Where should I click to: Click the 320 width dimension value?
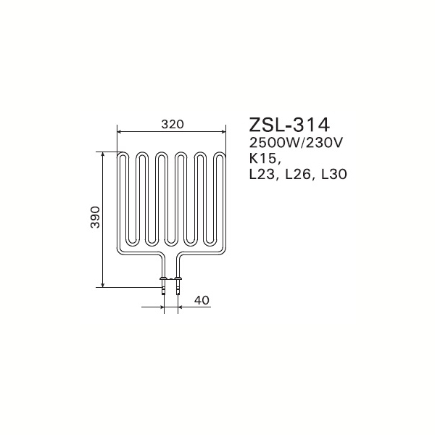pos(173,124)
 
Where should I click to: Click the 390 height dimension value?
pos(95,217)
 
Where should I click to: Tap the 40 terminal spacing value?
pos(202,300)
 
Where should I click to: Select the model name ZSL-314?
pos(289,125)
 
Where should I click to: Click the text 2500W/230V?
pos(297,143)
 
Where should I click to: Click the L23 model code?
pos(262,175)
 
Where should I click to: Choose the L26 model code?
pos(299,175)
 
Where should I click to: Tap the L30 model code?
pos(333,175)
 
